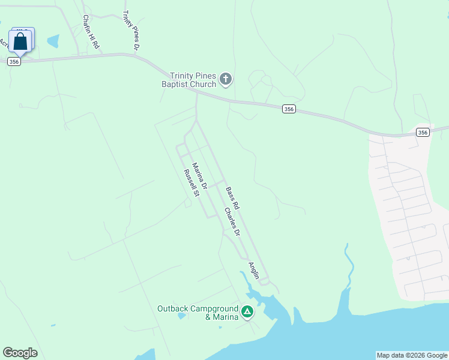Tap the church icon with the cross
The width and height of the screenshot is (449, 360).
click(x=226, y=79)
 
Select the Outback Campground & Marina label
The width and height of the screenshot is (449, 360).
click(x=198, y=313)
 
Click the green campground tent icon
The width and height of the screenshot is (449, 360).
click(x=247, y=311)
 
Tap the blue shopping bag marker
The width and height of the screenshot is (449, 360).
click(x=20, y=41)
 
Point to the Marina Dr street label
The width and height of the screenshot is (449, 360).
click(x=199, y=176)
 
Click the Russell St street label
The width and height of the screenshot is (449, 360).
click(x=191, y=183)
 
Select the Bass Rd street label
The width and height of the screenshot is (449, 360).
click(x=232, y=198)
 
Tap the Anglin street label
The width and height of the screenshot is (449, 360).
click(x=254, y=271)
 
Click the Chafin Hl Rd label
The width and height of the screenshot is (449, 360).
click(x=91, y=32)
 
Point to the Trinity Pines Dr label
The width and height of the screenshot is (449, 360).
click(x=131, y=29)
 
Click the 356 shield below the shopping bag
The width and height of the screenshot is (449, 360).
click(x=14, y=61)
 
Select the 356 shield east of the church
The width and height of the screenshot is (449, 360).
click(x=289, y=109)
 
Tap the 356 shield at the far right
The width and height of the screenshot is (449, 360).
click(x=423, y=133)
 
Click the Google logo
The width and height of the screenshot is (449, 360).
click(x=20, y=353)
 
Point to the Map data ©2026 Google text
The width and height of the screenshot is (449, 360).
click(x=412, y=355)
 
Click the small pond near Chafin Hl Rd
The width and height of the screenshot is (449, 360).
click(x=53, y=41)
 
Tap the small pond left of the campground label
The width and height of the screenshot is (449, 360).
click(x=181, y=316)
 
